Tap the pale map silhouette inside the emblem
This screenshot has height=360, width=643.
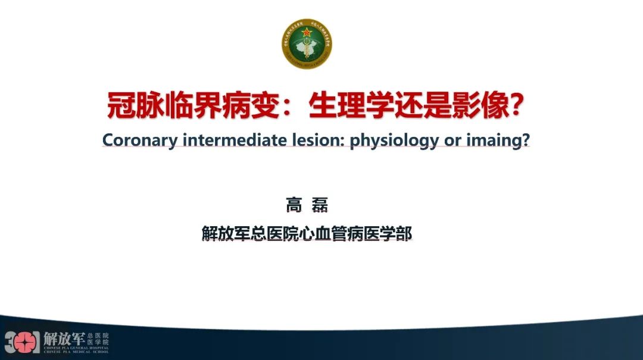(x=307, y=45)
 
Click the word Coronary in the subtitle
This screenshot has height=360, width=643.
(x=140, y=140)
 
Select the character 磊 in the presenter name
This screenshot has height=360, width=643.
(x=320, y=206)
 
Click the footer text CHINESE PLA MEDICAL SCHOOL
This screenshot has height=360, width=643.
(x=76, y=352)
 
